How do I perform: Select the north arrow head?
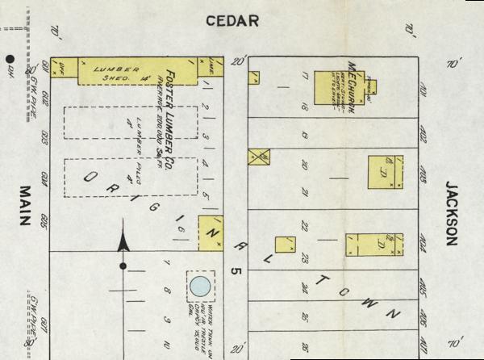tap(123, 239)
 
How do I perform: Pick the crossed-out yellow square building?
tap(259, 158)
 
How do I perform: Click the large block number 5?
tap(236, 273)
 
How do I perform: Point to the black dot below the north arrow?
tap(123, 266)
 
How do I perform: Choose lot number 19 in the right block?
tap(305, 136)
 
